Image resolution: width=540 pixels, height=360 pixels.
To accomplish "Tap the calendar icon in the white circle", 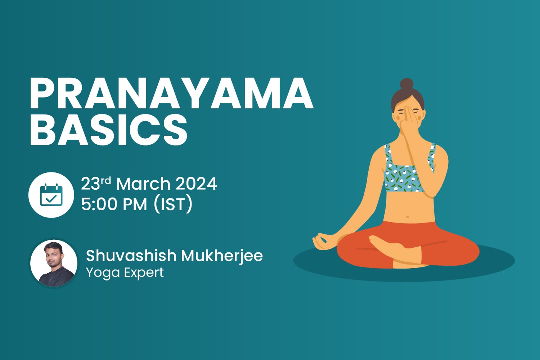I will point(51,195).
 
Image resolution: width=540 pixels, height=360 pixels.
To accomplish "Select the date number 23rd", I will point(95,184).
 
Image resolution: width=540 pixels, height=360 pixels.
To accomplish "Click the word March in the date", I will point(143,184).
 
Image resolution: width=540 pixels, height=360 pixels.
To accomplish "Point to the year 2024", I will point(196,184).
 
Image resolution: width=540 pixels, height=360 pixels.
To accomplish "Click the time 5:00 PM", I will point(114,204).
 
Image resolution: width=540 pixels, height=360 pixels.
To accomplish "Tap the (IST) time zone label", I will point(173,204).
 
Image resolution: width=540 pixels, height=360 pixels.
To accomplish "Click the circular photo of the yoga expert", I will point(54,263).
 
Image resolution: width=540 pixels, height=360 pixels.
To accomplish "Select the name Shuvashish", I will point(131,256).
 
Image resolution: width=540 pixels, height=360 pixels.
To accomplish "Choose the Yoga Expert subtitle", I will point(125,273).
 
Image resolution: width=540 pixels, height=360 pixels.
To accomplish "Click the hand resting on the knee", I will point(323,241).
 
